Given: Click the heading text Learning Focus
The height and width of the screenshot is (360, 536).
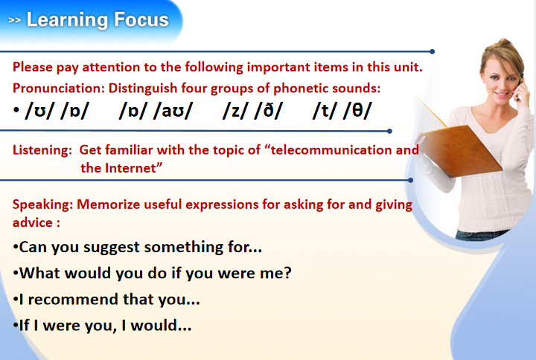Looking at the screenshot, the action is tap(98, 20).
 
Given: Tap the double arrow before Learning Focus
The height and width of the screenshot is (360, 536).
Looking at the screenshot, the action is tap(14, 21).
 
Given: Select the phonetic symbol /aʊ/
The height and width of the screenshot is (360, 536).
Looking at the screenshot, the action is tap(173, 111).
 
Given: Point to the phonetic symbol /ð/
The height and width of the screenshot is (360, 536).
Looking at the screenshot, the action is tap(268, 111).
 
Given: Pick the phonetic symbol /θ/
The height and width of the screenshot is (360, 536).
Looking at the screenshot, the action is tap(357, 111).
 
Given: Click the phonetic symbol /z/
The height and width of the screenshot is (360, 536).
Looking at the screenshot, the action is tap(235, 111).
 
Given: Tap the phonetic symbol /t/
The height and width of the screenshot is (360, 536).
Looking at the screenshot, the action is tap(325, 111).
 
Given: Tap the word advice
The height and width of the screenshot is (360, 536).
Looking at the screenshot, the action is tap(33, 222).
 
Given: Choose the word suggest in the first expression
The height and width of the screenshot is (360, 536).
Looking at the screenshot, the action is tap(112, 248).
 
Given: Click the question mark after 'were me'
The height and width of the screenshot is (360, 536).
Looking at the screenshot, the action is tap(287, 272).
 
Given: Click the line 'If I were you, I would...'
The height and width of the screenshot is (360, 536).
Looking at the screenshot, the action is tap(102, 326).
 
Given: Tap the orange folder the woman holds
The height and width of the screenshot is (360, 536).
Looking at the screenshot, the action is tap(460, 150).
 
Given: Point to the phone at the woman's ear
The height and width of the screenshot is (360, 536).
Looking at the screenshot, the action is tap(520, 86).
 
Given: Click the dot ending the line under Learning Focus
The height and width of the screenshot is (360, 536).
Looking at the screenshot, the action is tap(433, 51).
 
